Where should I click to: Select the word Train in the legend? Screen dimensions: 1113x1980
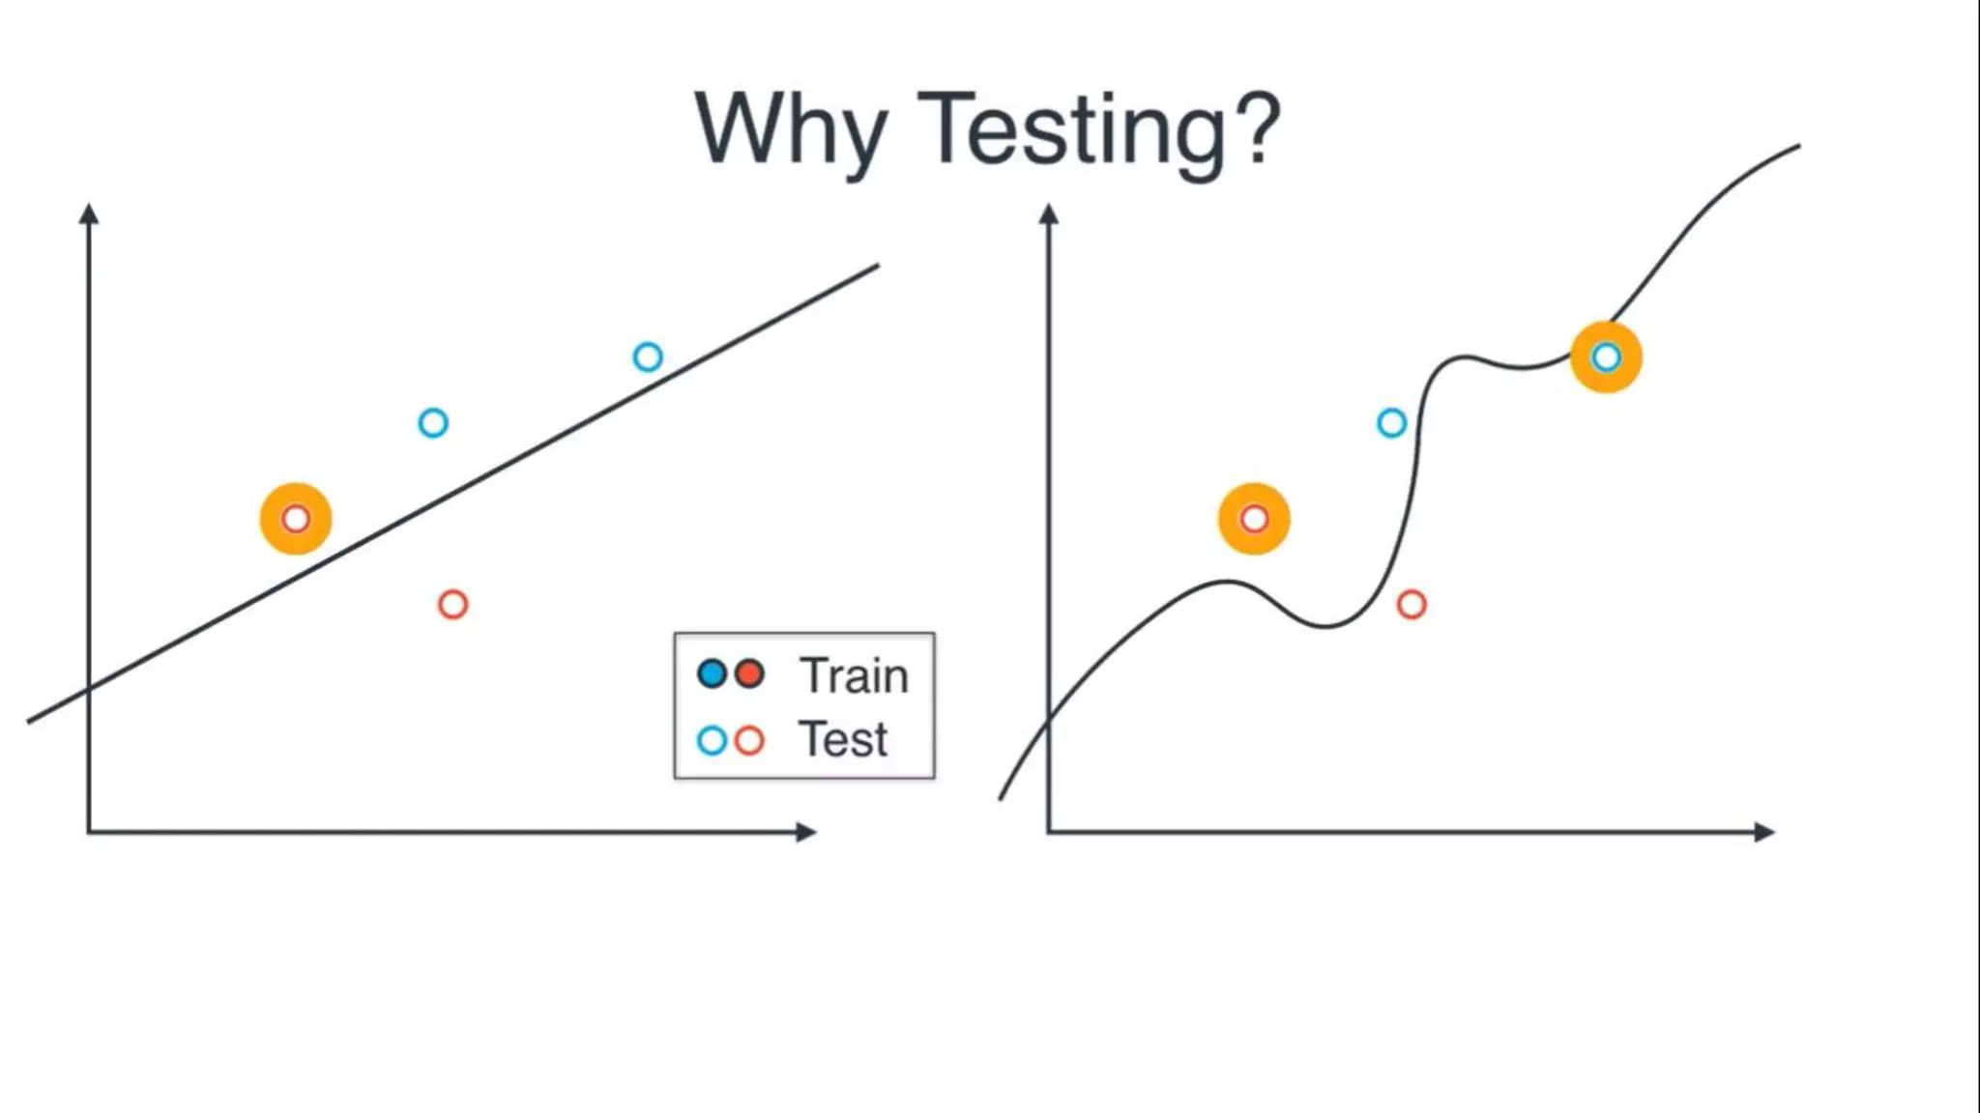tap(854, 675)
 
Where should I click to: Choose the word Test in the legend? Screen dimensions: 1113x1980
tap(842, 740)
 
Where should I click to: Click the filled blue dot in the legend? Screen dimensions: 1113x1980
tap(712, 673)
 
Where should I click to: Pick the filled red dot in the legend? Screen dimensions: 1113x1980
tap(749, 673)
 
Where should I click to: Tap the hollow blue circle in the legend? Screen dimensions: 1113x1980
tap(712, 741)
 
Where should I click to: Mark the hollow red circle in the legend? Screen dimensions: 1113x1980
tap(749, 741)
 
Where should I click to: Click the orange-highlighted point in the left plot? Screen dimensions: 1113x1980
tap(296, 519)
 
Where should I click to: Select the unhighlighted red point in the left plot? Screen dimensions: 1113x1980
tap(452, 605)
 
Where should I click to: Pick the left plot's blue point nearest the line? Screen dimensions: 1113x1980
tap(648, 357)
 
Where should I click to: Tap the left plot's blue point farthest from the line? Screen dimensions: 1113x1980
tap(433, 423)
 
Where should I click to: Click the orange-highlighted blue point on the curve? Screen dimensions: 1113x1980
tap(1606, 357)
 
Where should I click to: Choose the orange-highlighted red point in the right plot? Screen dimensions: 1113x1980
tap(1254, 519)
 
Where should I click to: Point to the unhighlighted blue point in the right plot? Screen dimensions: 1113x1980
tap(1391, 423)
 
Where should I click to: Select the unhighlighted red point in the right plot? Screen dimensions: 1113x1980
tap(1412, 605)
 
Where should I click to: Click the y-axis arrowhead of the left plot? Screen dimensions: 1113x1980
tap(89, 214)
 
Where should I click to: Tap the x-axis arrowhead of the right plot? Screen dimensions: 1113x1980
tap(1764, 832)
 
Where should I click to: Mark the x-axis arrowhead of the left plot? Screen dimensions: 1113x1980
tap(806, 832)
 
